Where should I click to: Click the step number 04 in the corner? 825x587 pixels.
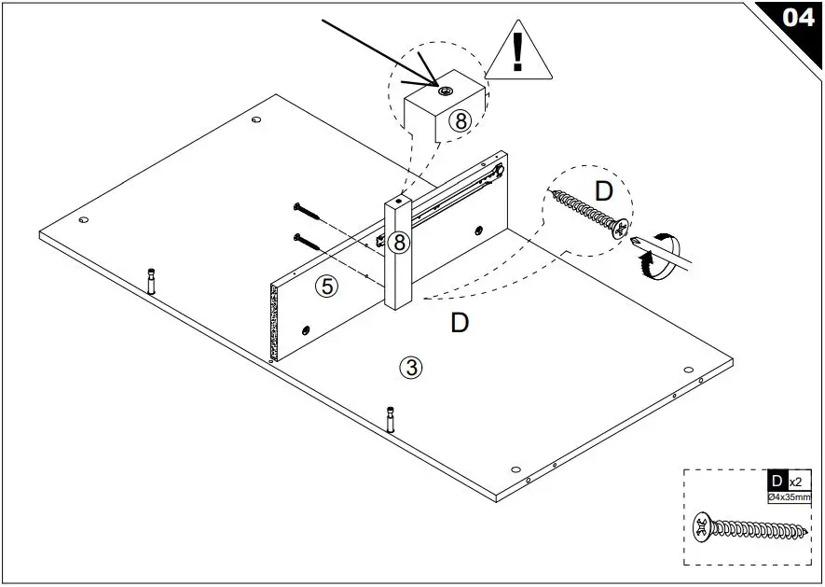pos(798,18)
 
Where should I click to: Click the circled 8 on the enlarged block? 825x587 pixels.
pos(461,119)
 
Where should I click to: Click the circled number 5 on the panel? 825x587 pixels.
pos(327,287)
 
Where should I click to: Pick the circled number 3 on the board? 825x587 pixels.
pos(411,367)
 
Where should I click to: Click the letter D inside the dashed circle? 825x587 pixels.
pos(604,192)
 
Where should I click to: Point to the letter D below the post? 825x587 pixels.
pos(459,323)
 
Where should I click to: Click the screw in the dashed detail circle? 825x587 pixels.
pos(590,215)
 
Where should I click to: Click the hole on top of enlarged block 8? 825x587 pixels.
pos(445,90)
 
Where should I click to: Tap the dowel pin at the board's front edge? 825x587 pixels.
pos(391,418)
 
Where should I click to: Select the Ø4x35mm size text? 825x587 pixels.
pos(788,498)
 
